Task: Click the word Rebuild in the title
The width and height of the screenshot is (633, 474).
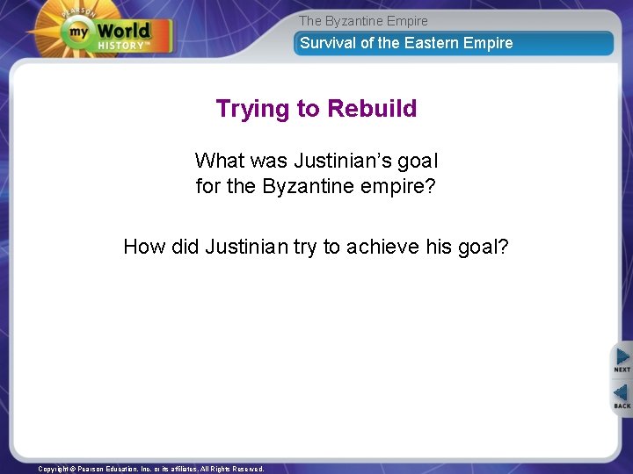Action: point(372,109)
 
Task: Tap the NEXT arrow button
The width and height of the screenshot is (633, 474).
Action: point(622,359)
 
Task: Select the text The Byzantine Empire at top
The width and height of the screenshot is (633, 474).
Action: point(363,20)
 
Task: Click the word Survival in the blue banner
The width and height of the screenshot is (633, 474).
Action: point(328,43)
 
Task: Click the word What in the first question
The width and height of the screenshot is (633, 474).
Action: point(219,161)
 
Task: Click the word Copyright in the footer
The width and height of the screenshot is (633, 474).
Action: point(54,469)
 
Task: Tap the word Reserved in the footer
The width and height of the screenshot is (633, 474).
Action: point(247,469)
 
